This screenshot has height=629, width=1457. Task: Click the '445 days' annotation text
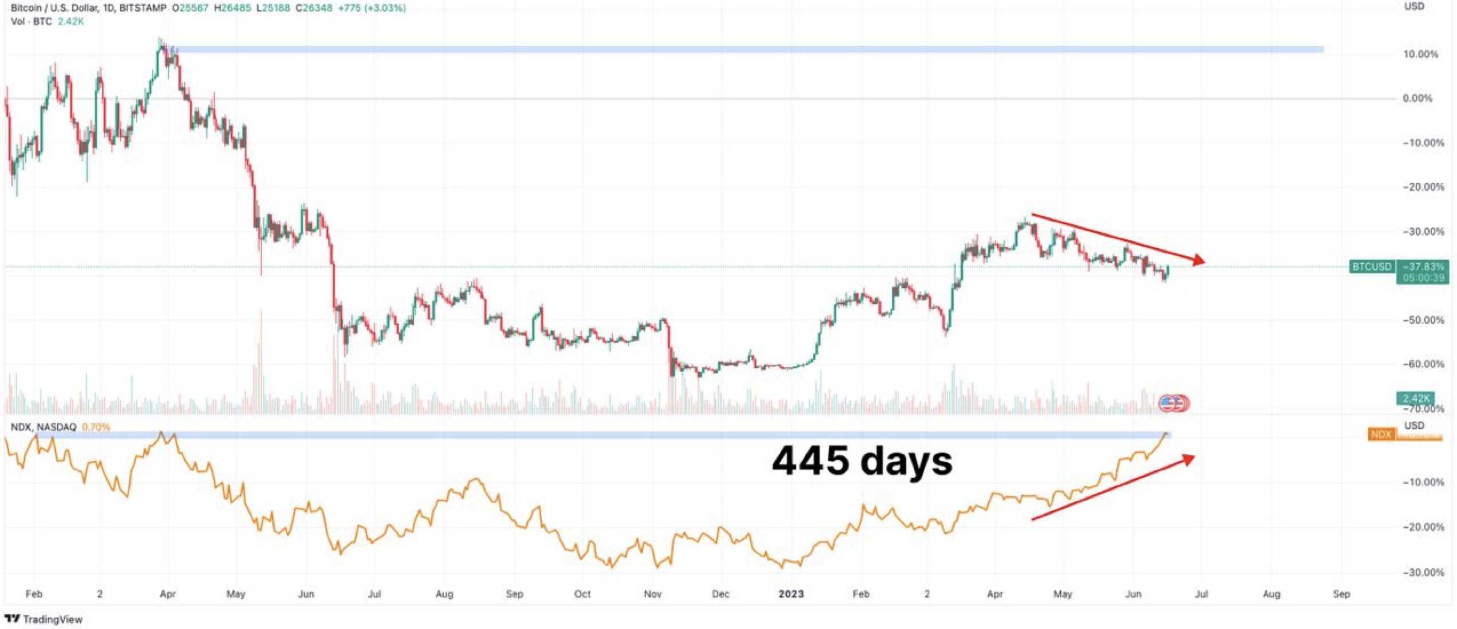862,461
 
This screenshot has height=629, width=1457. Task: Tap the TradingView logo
44,619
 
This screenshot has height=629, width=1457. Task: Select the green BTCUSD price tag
1371,266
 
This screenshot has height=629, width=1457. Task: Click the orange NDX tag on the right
1380,434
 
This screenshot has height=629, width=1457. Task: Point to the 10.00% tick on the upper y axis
1420,54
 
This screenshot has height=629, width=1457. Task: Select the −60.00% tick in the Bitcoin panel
1423,364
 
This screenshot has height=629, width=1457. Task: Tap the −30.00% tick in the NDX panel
1423,572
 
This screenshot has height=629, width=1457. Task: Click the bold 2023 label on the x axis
791,594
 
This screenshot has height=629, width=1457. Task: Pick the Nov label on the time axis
652,594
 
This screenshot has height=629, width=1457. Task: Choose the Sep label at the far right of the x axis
1341,594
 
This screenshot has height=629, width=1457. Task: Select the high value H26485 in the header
232,8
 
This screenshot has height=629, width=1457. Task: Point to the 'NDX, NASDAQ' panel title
43,427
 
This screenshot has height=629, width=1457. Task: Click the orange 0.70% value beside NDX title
96,427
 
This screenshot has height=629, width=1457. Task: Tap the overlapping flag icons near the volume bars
1173,403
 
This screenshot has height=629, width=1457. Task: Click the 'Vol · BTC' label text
31,22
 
